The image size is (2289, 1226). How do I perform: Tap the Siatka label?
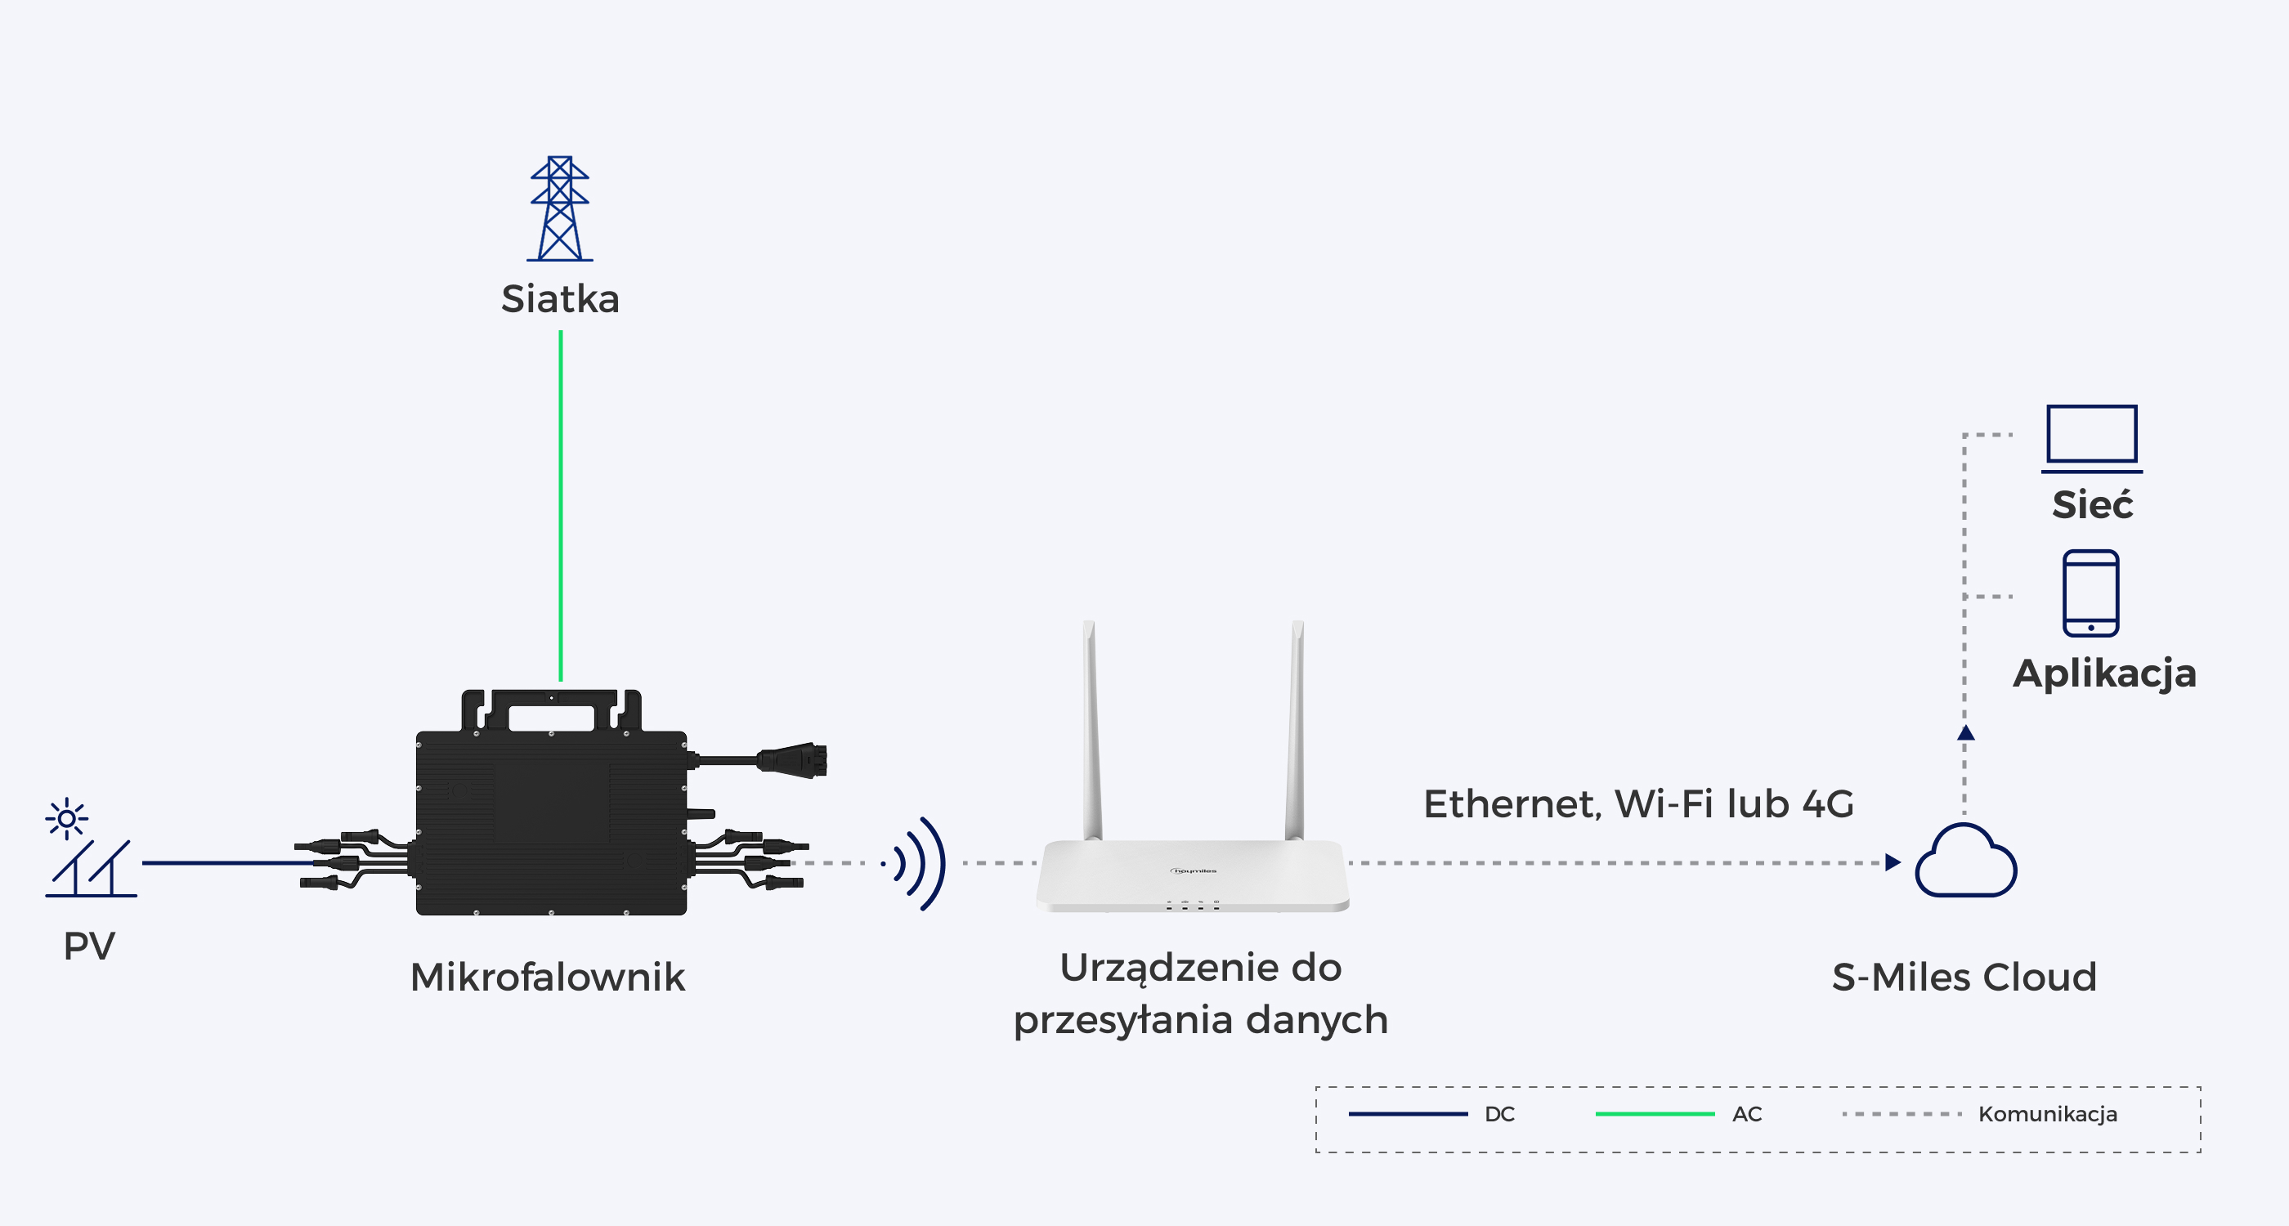click(560, 298)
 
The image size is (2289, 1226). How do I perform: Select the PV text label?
click(89, 946)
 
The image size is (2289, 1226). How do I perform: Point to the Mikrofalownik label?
click(548, 978)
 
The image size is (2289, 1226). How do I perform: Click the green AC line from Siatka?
click(561, 505)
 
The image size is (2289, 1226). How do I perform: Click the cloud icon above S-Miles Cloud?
click(1965, 860)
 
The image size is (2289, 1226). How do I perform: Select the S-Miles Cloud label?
click(1964, 978)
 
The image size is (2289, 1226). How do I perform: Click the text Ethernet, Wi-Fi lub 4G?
click(1638, 804)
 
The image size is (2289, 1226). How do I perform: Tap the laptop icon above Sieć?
click(2092, 439)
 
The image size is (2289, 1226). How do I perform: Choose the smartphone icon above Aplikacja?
click(2091, 593)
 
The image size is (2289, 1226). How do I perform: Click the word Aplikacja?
click(2104, 673)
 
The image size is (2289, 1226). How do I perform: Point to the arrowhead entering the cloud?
click(1893, 862)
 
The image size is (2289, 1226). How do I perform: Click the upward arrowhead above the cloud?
click(1965, 733)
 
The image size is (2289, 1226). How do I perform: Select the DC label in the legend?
click(1500, 1114)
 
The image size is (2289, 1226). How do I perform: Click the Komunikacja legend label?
click(2047, 1114)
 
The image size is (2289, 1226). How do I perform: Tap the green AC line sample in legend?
click(1655, 1114)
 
